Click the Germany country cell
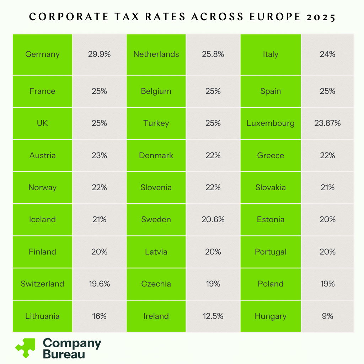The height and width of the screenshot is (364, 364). [x=42, y=54]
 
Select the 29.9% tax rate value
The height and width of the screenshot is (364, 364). [x=99, y=54]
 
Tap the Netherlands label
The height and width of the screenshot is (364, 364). [x=156, y=54]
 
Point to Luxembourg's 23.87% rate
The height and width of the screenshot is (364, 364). [x=327, y=123]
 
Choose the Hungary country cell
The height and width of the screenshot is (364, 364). [x=271, y=316]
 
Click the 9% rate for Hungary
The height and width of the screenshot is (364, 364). [x=327, y=316]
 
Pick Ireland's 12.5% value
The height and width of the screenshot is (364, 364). [x=213, y=316]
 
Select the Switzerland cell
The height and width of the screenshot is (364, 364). [x=42, y=284]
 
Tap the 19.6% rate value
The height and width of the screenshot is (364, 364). [x=99, y=284]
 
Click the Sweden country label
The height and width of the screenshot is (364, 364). [x=156, y=220]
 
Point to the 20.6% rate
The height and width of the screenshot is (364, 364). [x=213, y=220]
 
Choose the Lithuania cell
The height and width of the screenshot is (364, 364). [x=42, y=316]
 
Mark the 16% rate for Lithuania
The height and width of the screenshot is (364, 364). [x=99, y=316]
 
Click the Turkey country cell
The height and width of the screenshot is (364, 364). [x=156, y=123]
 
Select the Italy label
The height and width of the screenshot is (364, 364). [x=271, y=54]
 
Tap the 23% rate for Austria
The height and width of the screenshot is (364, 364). [x=99, y=155]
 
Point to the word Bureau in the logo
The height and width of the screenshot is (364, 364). [x=64, y=354]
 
